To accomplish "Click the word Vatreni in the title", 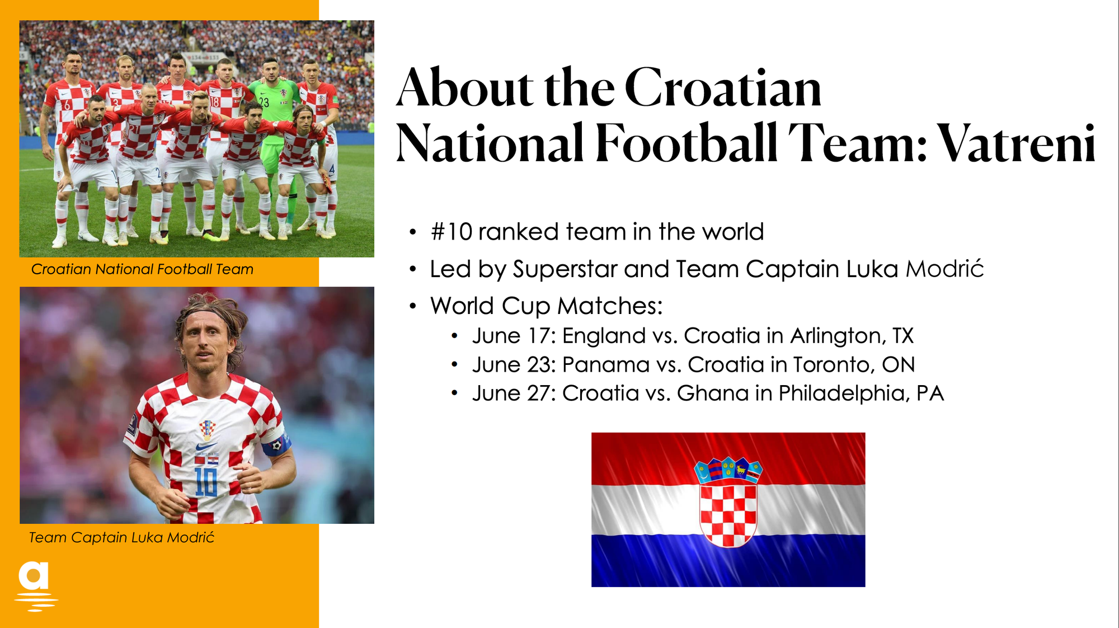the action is (x=1016, y=143).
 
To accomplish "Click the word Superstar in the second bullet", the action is (x=565, y=270).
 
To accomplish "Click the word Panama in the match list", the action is (x=606, y=365).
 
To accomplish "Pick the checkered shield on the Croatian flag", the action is (x=728, y=514).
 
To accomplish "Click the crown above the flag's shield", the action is (x=728, y=470).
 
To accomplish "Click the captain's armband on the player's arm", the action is (x=276, y=446).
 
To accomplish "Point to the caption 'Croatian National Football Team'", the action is (x=142, y=269).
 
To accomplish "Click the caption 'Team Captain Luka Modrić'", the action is (x=121, y=537).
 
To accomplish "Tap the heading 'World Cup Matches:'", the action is (x=546, y=306).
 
